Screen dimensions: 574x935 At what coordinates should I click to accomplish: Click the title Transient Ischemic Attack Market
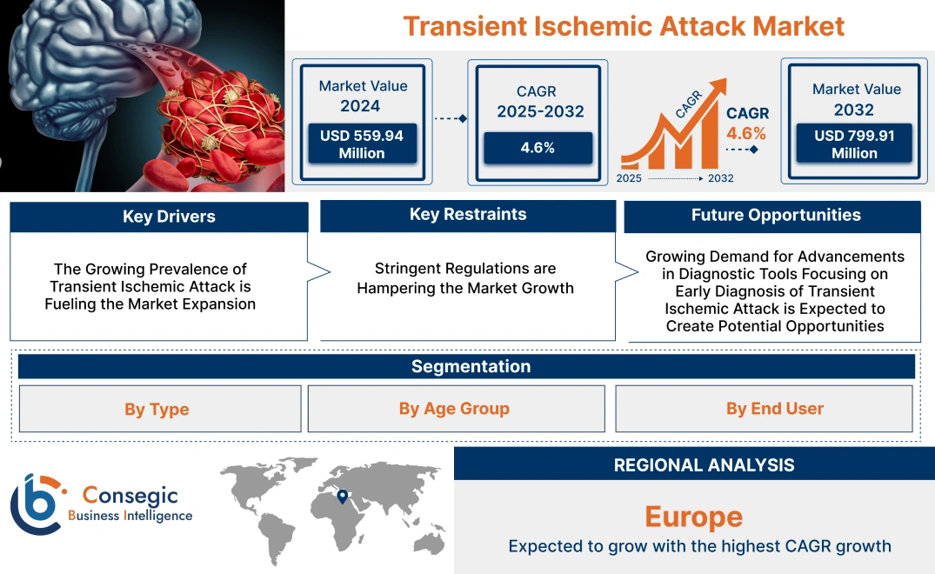point(624,25)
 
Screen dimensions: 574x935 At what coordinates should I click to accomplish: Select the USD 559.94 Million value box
point(361,143)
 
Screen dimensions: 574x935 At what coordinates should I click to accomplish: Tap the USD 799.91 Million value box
point(854,143)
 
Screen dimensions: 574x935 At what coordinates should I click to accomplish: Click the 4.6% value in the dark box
point(538,148)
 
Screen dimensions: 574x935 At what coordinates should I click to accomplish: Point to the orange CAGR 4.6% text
point(746,133)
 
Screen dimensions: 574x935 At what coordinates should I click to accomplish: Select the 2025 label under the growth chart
point(630,178)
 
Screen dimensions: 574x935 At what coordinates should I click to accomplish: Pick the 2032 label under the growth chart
point(720,178)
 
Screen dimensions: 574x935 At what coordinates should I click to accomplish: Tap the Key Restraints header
point(468,215)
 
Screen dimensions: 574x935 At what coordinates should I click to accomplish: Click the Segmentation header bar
point(471,366)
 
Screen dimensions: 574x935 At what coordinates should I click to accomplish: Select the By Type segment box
point(157,409)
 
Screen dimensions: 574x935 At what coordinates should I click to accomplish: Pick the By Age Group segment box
point(454,409)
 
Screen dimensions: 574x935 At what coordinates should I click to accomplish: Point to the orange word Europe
point(693,517)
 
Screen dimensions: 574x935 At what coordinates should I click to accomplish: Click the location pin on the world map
point(343,497)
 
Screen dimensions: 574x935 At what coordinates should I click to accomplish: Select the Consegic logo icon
point(37,505)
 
